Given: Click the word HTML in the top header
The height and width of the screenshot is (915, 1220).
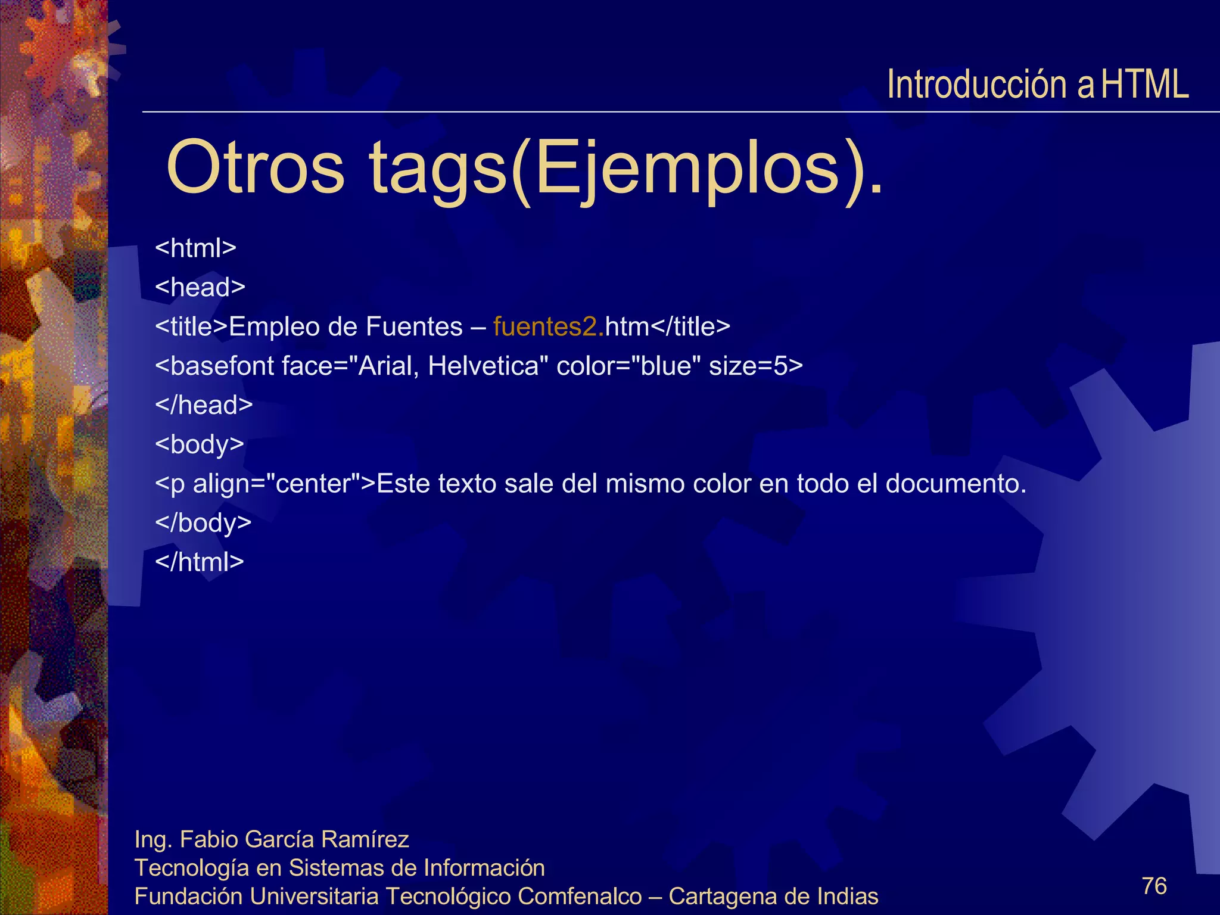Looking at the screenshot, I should [x=1144, y=84].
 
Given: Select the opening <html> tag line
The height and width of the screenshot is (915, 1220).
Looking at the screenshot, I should [x=195, y=248].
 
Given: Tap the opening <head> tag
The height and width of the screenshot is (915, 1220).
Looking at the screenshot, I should [x=200, y=287].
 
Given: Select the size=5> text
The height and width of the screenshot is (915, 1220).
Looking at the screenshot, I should [x=755, y=366].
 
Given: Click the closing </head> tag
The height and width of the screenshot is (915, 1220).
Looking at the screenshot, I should [x=204, y=405].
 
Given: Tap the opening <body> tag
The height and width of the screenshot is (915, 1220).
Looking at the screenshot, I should [x=199, y=444].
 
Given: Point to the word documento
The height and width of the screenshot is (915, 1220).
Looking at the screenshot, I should [x=956, y=484].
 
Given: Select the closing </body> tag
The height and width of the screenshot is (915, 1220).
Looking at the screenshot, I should [x=203, y=523].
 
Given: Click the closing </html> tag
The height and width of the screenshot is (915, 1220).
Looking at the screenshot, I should [x=199, y=562].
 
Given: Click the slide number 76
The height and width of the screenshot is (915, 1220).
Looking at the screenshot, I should [x=1154, y=886].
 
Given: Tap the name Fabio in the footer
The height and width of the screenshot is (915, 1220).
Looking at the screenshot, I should [x=209, y=839].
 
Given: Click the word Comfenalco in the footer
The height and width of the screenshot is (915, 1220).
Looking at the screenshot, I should [x=579, y=896].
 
